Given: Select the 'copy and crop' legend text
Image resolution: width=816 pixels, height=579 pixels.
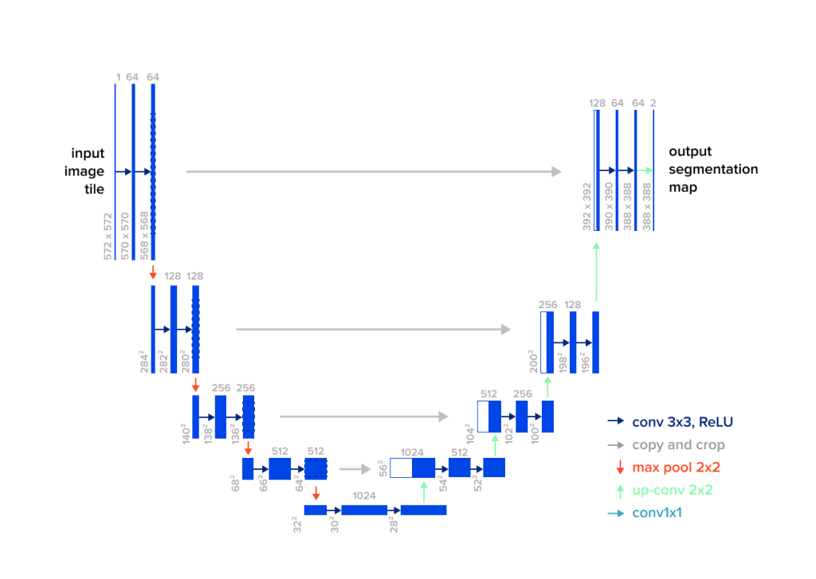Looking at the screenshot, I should tap(678, 445).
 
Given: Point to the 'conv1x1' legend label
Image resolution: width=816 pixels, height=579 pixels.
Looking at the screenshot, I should tap(657, 513).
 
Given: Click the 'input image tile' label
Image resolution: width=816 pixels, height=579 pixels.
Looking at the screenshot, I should tap(88, 171).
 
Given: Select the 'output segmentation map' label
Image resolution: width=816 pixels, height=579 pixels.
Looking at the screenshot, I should tap(712, 170).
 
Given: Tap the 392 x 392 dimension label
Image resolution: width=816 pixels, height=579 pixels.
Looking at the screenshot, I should tap(587, 209).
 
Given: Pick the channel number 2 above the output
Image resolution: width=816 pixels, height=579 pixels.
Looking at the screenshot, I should tap(653, 103).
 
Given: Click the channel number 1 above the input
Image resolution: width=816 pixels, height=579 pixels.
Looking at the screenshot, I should tap(118, 77).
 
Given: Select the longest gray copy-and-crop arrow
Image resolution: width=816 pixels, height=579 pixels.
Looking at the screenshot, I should tap(373, 171).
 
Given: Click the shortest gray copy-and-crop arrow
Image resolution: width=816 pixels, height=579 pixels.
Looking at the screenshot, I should tap(355, 469).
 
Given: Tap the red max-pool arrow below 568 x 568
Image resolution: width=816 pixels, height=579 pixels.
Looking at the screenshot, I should tap(153, 273).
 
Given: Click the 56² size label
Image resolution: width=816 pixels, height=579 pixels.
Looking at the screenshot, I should tap(383, 468).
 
